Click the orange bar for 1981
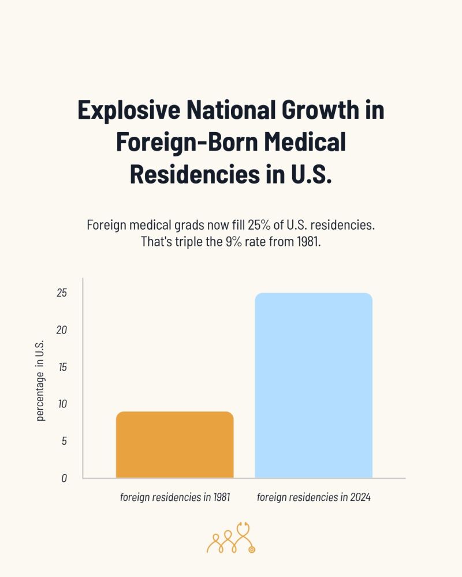click(x=174, y=445)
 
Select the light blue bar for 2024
click(x=314, y=385)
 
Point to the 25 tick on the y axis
click(x=62, y=293)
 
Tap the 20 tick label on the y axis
click(x=62, y=330)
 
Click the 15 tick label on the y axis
click(x=62, y=367)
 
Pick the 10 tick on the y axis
click(x=62, y=404)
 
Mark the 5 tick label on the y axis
click(x=64, y=441)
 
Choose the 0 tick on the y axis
click(x=64, y=478)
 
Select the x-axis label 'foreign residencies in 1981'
click(x=175, y=497)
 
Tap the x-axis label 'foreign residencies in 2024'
click(x=314, y=497)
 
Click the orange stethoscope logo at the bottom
click(x=231, y=538)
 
